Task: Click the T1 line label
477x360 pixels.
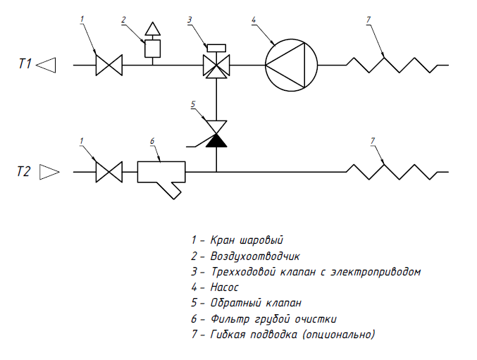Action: tap(25, 66)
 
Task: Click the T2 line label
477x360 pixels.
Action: tap(25, 171)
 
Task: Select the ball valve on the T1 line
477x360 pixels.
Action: tap(109, 66)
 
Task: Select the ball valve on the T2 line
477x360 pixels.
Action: tap(109, 171)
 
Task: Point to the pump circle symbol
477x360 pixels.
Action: tap(287, 66)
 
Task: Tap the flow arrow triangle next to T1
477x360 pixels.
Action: tap(46, 66)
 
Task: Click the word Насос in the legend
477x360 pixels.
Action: tap(225, 287)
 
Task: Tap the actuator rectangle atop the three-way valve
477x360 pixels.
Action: tap(216, 47)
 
